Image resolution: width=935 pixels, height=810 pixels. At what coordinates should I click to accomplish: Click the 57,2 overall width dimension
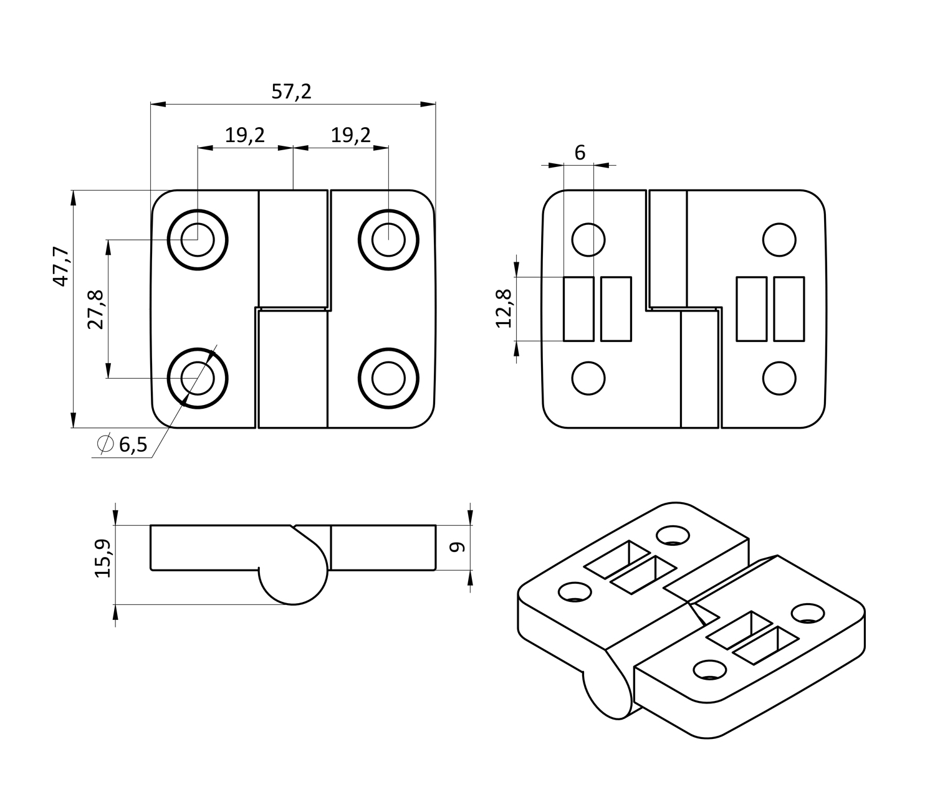point(292,92)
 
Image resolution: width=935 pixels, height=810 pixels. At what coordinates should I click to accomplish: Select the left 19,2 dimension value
point(245,135)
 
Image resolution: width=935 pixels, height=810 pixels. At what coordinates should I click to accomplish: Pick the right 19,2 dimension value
point(351,135)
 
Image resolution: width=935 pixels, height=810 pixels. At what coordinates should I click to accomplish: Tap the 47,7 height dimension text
point(60,266)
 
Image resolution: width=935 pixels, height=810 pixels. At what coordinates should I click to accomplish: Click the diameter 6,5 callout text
point(124,444)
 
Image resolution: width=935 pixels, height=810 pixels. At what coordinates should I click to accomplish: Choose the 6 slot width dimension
point(580,153)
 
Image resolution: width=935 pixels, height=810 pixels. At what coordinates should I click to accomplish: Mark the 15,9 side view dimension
point(103,558)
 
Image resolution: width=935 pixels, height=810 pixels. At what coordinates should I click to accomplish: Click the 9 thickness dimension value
point(458,547)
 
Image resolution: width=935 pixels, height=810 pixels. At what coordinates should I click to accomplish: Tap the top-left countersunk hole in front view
point(198,239)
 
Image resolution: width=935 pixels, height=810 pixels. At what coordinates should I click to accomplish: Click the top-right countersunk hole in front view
point(388,239)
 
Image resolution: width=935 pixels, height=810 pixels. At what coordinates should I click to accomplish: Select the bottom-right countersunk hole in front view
point(388,378)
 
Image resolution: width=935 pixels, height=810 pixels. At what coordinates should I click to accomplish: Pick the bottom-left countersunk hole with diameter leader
point(198,378)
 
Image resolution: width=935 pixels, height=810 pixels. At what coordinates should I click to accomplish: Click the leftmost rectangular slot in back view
point(578,309)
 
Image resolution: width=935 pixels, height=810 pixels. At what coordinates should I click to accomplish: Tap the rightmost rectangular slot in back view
point(789,309)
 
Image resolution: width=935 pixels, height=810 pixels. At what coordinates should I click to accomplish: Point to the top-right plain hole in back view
point(779,239)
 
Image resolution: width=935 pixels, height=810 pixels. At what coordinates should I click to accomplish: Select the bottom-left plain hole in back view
point(588,378)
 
